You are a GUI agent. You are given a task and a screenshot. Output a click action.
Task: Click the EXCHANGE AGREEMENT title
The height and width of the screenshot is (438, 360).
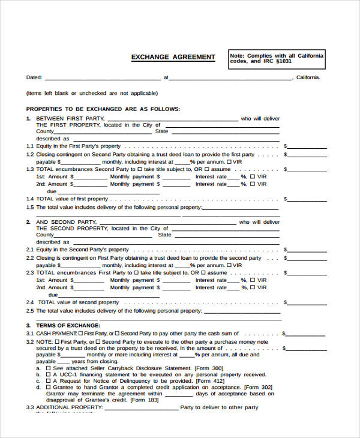[x=173, y=57]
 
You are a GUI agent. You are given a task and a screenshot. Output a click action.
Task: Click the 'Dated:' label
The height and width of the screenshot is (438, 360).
[x=34, y=77]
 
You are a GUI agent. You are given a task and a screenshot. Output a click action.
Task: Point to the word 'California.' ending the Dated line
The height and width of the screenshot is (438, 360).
[x=308, y=77]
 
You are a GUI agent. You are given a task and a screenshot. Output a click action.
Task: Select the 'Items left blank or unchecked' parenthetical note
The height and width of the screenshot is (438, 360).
[x=92, y=93]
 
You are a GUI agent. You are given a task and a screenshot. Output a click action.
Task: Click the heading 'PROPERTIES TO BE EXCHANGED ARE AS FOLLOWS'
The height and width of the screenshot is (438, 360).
[x=103, y=109]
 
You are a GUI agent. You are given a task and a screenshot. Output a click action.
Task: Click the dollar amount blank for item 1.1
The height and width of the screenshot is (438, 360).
[x=308, y=146]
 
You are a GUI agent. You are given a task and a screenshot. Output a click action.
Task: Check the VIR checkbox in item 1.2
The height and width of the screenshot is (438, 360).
[x=229, y=162]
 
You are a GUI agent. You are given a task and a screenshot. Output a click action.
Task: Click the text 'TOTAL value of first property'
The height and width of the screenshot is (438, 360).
[x=72, y=199]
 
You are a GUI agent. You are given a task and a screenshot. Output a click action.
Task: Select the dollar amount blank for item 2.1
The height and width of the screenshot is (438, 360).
[x=308, y=250]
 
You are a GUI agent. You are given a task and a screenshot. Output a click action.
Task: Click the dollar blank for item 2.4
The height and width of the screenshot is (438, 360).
[x=308, y=302]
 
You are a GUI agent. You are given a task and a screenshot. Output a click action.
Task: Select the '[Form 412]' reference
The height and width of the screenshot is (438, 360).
[x=210, y=381]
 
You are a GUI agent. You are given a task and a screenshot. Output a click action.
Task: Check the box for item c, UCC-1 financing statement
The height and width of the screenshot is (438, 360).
[x=48, y=374]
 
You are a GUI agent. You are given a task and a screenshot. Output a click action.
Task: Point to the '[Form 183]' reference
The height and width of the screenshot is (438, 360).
[x=145, y=400]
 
